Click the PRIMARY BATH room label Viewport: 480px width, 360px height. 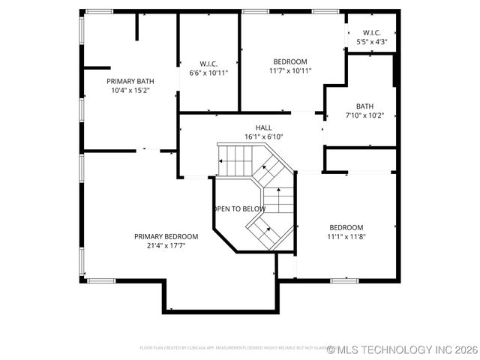tap(130, 81)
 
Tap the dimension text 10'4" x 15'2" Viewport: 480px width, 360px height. tap(130, 90)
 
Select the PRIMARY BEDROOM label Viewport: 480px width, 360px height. tap(166, 236)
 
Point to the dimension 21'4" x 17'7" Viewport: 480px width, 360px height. tap(166, 245)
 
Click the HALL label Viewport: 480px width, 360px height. tap(263, 128)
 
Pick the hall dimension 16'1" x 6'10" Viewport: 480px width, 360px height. tap(263, 137)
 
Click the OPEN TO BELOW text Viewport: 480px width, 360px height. tap(239, 208)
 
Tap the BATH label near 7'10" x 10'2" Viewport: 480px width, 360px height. tap(364, 106)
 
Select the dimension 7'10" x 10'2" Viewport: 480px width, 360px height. tap(364, 115)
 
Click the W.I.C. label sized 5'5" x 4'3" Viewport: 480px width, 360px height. tap(372, 33)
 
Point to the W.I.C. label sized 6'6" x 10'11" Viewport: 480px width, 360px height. tap(208, 64)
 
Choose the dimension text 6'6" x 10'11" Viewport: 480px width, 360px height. tap(208, 73)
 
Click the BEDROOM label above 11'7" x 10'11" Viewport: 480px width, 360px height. tap(289, 61)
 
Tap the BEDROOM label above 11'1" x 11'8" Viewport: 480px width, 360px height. tap(346, 227)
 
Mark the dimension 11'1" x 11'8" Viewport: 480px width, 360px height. tap(346, 236)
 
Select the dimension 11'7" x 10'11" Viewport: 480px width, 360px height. tap(289, 70)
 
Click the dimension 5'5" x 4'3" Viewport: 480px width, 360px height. tap(372, 42)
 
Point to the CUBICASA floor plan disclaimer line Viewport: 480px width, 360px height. tap(232, 349)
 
